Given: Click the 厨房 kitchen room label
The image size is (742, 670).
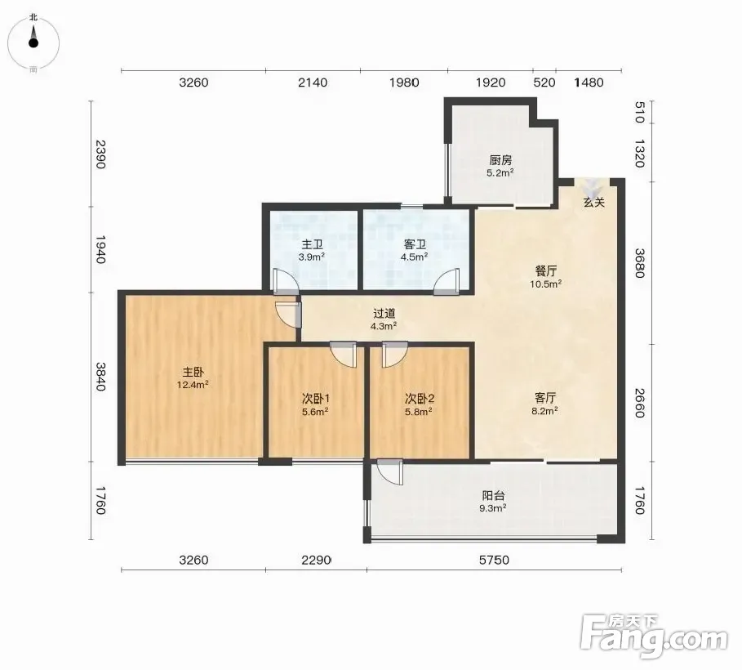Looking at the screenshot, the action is [500, 159].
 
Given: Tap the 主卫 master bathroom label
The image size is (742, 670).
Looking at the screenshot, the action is [313, 244].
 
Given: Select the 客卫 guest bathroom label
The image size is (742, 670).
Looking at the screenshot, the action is [415, 244].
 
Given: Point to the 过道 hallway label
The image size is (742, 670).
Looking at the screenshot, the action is [384, 313].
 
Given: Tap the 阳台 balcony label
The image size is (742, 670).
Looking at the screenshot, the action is [493, 496].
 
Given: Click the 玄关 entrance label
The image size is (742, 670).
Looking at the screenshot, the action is [594, 203].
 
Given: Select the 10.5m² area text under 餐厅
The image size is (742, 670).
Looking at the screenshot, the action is [545, 284].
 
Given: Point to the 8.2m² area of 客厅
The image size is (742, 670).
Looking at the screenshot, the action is [544, 411].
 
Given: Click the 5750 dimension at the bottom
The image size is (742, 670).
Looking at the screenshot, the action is [494, 560].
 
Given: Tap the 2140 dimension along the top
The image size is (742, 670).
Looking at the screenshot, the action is [313, 83].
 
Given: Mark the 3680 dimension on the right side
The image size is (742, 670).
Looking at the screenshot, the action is [640, 263].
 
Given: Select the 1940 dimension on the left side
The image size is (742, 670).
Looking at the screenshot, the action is [100, 250].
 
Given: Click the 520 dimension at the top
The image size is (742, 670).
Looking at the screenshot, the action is [544, 83].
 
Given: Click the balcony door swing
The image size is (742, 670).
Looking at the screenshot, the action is [389, 472].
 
